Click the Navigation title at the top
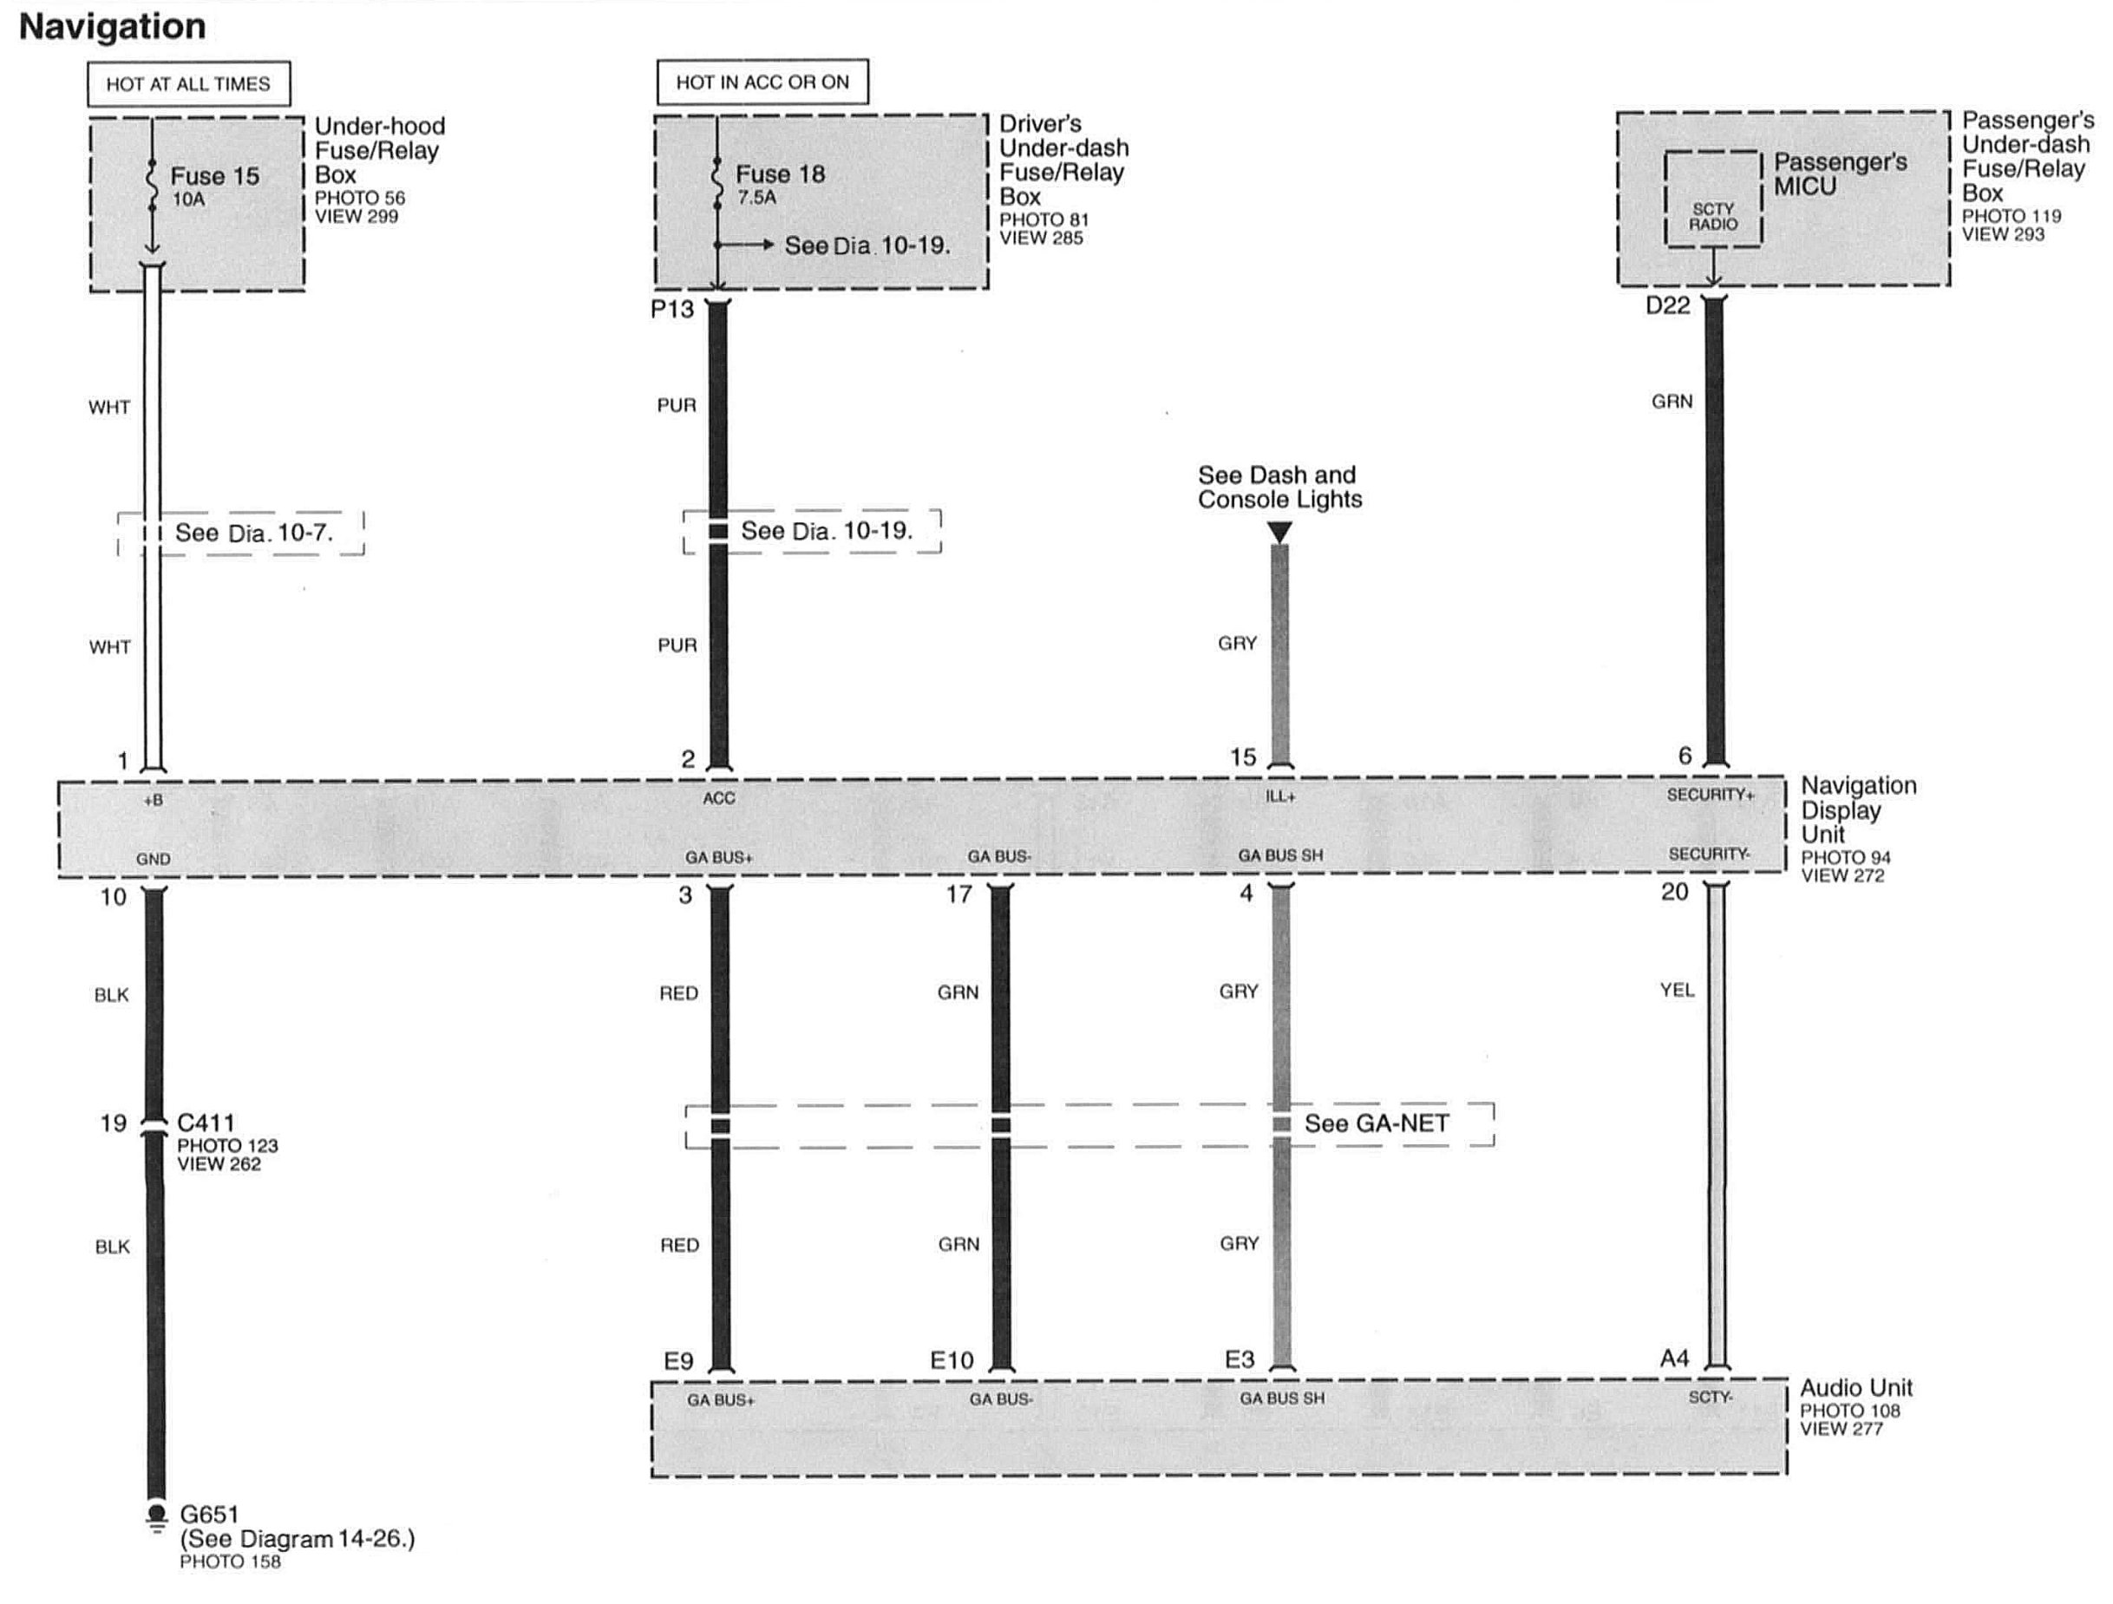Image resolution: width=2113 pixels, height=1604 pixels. (112, 27)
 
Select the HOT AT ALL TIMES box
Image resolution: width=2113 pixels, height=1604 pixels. (188, 84)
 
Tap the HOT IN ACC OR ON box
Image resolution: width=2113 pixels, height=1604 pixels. (762, 82)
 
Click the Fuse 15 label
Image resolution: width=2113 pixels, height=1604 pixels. (214, 176)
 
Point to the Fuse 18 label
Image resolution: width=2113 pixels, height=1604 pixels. (780, 173)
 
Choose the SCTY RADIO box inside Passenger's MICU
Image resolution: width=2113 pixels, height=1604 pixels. (1713, 216)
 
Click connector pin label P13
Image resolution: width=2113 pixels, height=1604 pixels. (671, 309)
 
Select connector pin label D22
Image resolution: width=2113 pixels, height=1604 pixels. (1668, 305)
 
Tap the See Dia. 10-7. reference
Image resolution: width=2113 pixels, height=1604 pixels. (254, 533)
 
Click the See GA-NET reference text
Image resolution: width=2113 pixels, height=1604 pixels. (1377, 1123)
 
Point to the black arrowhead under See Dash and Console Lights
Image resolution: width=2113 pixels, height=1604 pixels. (1279, 531)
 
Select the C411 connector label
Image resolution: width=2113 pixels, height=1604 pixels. (206, 1123)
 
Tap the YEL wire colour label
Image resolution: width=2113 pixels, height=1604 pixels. (1677, 991)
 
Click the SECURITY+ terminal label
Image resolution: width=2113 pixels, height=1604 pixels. (1710, 795)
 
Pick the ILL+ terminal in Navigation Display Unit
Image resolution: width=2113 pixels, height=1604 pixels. (1280, 795)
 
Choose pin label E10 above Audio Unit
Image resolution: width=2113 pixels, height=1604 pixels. (952, 1360)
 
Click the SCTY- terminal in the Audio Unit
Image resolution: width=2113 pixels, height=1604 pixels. (1710, 1397)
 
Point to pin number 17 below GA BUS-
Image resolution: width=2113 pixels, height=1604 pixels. (958, 894)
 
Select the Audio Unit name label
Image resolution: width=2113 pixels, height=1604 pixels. (1856, 1388)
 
